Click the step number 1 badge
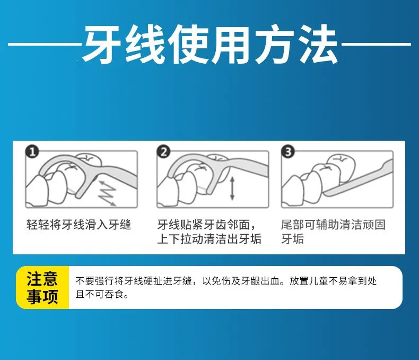coord(32,152)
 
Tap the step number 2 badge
coord(163,152)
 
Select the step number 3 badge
coord(288,152)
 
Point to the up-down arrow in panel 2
coord(232,188)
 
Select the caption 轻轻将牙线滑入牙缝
coord(79,224)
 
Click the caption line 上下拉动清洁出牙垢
coord(209,238)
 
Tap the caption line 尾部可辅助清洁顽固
coord(334,224)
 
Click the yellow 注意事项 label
coord(42,287)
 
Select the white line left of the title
coord(45,44)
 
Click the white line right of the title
coord(376,44)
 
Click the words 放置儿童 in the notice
coord(309,281)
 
